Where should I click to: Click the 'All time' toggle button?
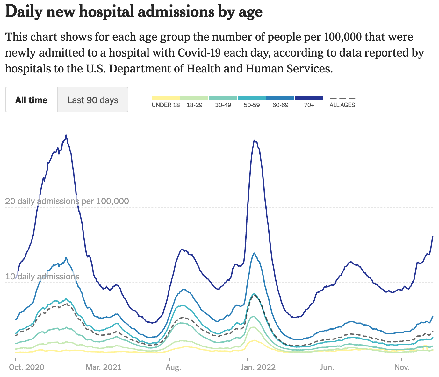coord(31,100)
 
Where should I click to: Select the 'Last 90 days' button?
coord(93,100)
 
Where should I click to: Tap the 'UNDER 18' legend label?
coord(166,105)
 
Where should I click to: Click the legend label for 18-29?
coord(194,105)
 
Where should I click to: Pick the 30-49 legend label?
coord(223,105)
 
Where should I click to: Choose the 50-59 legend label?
coord(252,105)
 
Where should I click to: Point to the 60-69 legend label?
coord(280,105)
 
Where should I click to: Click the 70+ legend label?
coord(309,105)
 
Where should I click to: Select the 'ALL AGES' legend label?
coord(342,105)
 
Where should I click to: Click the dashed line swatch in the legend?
coord(342,98)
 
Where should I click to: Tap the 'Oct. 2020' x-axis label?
coord(26,367)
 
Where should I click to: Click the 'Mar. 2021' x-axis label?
coord(104,367)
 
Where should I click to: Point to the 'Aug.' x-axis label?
coord(173,367)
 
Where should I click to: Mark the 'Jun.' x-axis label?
coord(327,367)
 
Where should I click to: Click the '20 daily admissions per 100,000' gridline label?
coord(67,201)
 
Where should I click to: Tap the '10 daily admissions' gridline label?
coord(42,277)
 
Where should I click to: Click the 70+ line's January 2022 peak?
coord(254,140)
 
